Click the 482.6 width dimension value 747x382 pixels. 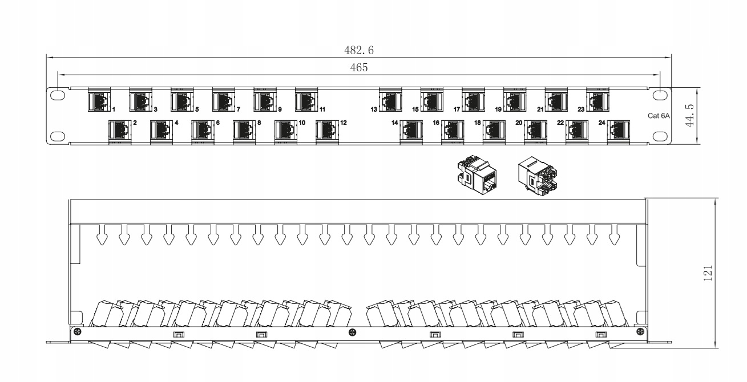tap(359, 50)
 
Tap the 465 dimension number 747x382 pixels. tap(359, 68)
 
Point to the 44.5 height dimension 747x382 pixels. tap(689, 116)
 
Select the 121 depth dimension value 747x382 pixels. tap(708, 273)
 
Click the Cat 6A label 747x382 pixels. tap(659, 116)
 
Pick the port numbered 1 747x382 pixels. tap(99, 100)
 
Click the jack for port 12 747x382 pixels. tap(327, 132)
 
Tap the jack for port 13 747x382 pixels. tap(390, 100)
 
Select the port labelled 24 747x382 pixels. tap(619, 132)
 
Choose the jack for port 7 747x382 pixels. tap(224, 100)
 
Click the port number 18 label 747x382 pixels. tap(478, 123)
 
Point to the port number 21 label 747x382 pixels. tap(540, 109)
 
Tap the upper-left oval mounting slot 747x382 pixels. tap(58, 95)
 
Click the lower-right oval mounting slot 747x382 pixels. tap(660, 136)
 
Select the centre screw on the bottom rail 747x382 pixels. tap(352, 332)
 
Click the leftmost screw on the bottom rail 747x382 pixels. tap(78, 332)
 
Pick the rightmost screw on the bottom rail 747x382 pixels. tap(640, 332)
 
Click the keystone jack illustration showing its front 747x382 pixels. tap(477, 174)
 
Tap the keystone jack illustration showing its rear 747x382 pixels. tap(538, 176)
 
